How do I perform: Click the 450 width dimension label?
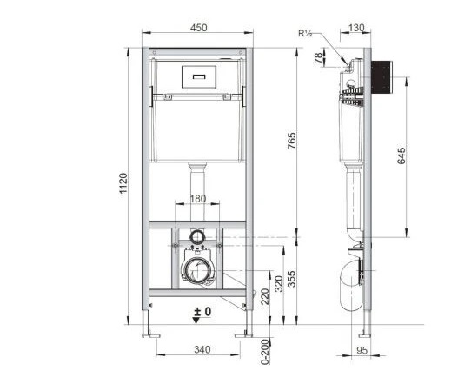[x=199, y=28]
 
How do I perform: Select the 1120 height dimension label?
[x=123, y=183]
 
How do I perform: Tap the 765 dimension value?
[x=291, y=141]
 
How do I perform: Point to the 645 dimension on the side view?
[x=402, y=155]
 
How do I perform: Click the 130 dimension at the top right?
[x=356, y=28]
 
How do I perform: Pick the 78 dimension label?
[x=319, y=58]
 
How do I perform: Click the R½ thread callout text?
[x=305, y=33]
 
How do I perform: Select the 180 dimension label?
[x=198, y=199]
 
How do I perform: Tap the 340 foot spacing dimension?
[x=202, y=349]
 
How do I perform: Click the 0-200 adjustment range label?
[x=265, y=352]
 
